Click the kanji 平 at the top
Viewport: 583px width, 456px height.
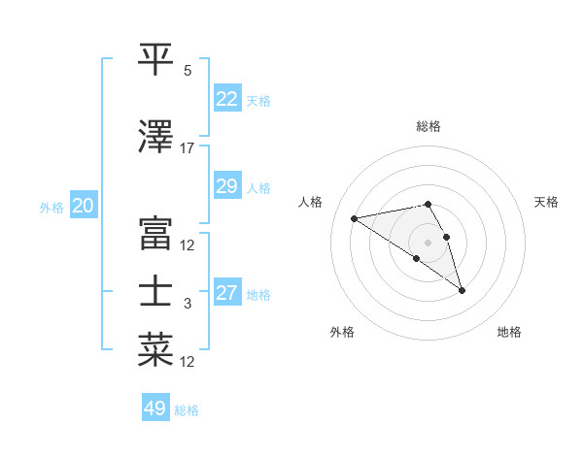156,59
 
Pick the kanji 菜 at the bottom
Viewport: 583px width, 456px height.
156,350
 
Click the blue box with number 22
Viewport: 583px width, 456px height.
226,99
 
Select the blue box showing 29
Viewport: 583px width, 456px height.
226,186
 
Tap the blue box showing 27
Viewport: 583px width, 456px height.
226,293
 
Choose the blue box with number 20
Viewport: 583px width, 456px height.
83,206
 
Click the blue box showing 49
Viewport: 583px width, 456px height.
154,408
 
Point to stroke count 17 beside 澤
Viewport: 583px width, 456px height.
188,148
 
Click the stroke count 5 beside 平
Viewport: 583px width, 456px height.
188,71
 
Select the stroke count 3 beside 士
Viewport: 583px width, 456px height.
188,304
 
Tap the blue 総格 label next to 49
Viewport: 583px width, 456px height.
187,410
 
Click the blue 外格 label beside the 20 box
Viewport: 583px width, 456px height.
51,207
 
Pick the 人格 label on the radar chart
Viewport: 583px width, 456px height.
311,202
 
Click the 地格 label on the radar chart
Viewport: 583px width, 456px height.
509,333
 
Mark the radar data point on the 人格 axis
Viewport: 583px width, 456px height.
355,217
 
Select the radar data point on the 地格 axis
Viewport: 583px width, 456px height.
462,289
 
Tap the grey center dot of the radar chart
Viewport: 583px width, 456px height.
428,242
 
